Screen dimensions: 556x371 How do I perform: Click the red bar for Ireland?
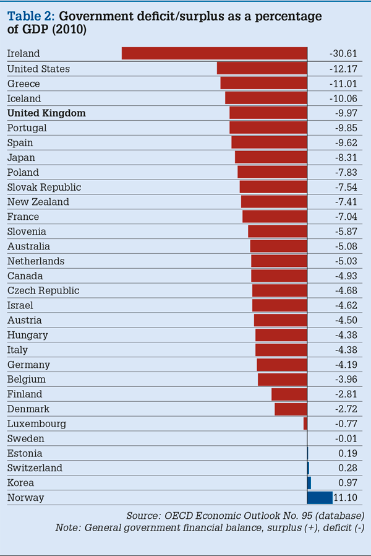[x=214, y=53]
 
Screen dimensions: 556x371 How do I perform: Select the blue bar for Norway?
[x=320, y=497]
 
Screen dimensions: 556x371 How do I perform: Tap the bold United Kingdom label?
[x=46, y=113]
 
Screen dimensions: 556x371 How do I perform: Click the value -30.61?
[x=343, y=54]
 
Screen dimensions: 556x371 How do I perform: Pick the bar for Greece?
[x=263, y=83]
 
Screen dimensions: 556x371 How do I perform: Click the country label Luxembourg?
[x=36, y=424]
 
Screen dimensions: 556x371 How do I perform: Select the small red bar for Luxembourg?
[x=305, y=424]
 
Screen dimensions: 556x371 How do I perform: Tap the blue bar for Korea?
[x=309, y=482]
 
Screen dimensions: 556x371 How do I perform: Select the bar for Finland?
[x=289, y=394]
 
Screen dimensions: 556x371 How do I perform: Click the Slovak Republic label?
[x=44, y=187]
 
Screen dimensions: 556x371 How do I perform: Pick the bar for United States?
[x=262, y=68]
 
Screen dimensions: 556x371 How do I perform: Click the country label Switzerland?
[x=35, y=467]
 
